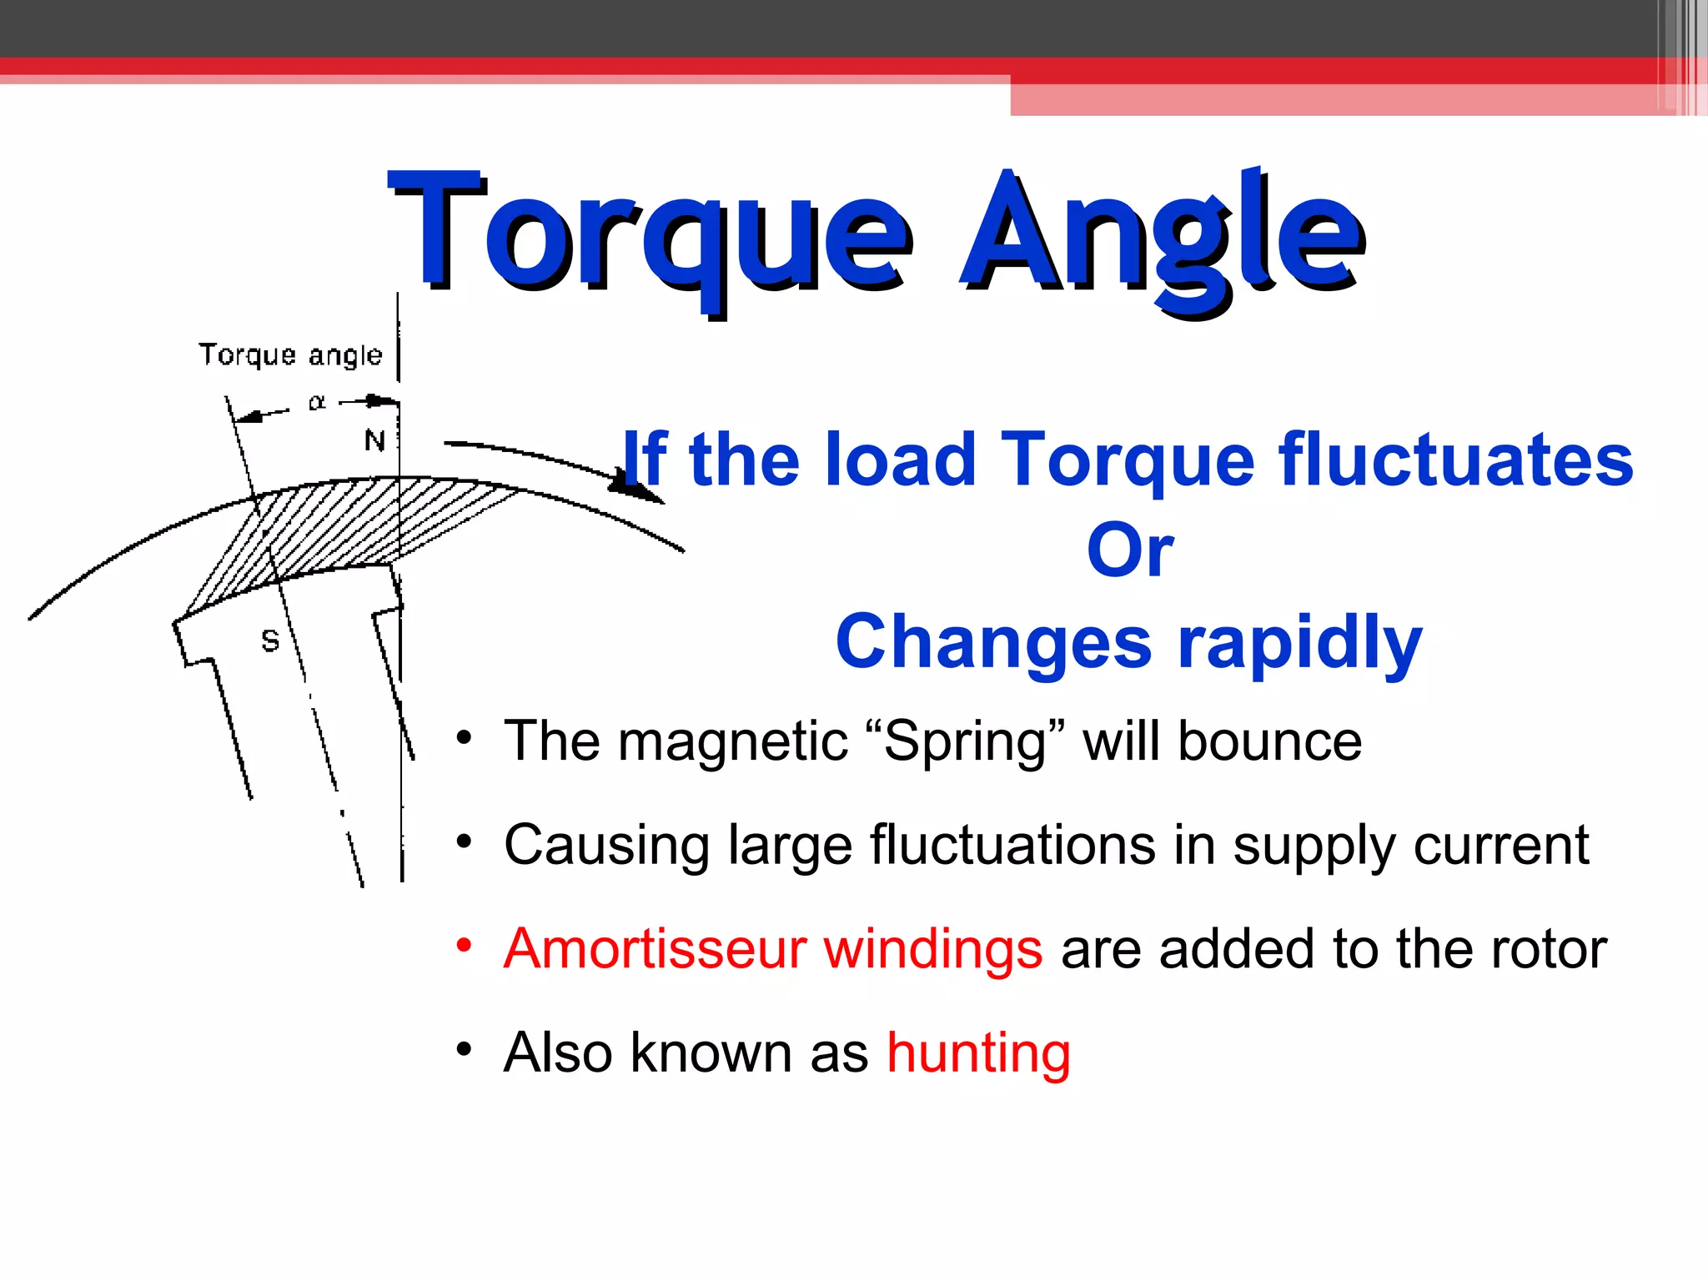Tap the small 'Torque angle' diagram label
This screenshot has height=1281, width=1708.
click(290, 354)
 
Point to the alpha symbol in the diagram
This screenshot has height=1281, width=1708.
click(317, 403)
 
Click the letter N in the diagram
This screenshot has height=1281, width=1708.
click(374, 440)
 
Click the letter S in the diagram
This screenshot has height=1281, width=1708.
click(270, 640)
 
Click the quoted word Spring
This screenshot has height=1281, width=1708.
click(963, 741)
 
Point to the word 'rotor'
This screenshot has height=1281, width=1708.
click(1548, 949)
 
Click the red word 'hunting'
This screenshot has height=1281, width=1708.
click(978, 1053)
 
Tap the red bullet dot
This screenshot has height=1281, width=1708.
click(465, 946)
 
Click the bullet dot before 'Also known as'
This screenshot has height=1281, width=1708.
click(465, 1049)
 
